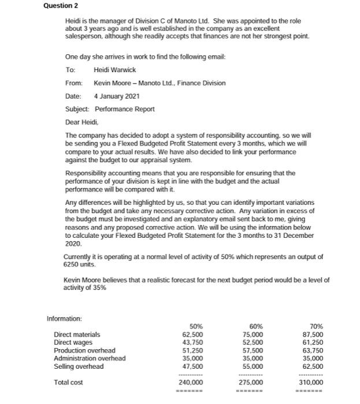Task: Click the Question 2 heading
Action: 61,6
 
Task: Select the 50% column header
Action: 196,326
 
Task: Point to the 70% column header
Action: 316,326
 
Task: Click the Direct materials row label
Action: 77,334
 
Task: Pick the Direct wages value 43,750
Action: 192,342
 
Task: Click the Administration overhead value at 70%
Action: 312,358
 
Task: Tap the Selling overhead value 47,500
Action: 192,366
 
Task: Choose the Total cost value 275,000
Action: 251,382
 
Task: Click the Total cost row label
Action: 69,382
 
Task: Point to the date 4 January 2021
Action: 116,96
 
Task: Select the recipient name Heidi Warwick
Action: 114,70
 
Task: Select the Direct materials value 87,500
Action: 312,334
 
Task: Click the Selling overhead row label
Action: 79,366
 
